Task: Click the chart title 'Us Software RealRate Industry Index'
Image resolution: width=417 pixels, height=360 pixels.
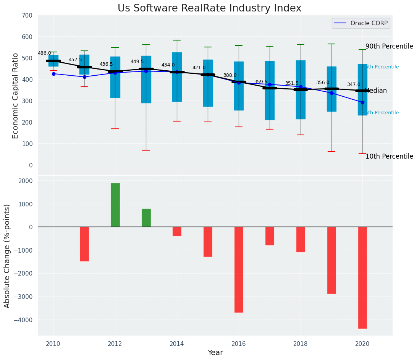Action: (x=209, y=8)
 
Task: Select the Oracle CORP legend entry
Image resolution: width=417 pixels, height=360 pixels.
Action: (x=361, y=23)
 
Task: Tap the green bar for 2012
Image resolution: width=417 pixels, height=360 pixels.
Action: (x=115, y=205)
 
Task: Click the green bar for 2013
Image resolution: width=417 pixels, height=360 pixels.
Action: (x=146, y=218)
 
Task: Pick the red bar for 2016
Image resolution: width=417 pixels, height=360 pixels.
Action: (x=239, y=269)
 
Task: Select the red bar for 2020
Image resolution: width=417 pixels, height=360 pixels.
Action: (x=362, y=277)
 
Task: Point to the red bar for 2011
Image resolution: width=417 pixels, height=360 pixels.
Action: (x=84, y=244)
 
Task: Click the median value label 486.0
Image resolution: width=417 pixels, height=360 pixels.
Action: (x=44, y=53)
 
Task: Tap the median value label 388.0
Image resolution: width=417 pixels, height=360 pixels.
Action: (x=230, y=75)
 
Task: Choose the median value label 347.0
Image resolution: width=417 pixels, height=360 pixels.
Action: (x=354, y=84)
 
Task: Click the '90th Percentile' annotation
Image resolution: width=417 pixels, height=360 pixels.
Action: (x=389, y=46)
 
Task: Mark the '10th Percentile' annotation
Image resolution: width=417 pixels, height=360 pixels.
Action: (x=389, y=156)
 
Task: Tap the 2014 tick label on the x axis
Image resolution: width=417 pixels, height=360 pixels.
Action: (x=177, y=343)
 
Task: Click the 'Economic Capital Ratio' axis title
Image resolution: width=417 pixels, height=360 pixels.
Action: (x=16, y=96)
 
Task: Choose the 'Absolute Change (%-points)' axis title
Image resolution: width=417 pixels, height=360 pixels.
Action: (x=7, y=256)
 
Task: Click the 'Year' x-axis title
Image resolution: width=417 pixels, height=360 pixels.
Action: (x=215, y=353)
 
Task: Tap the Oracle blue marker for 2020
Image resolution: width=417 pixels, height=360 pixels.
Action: (x=362, y=102)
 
